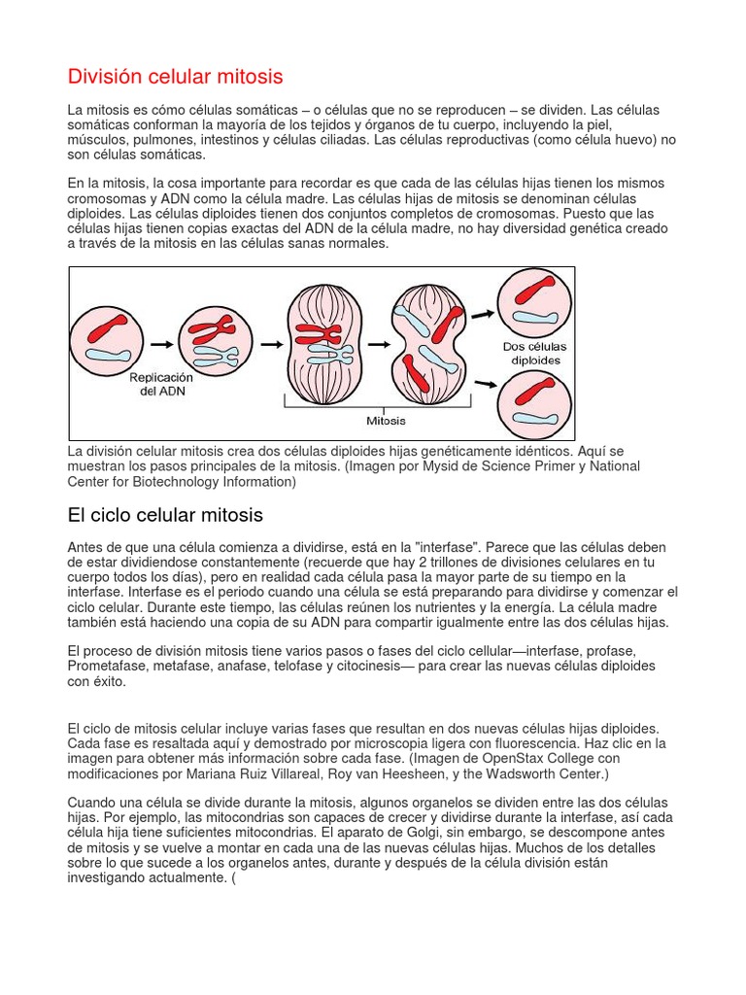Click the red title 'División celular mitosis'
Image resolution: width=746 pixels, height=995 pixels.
175,76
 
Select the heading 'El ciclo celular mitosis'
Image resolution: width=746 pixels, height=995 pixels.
165,514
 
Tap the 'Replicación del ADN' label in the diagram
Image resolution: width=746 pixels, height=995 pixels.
162,384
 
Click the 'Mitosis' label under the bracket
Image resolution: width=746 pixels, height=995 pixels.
386,421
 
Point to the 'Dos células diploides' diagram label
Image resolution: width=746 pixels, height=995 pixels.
535,353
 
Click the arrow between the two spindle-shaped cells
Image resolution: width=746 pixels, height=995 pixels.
373,343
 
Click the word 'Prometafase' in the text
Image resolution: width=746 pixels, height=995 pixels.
108,666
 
